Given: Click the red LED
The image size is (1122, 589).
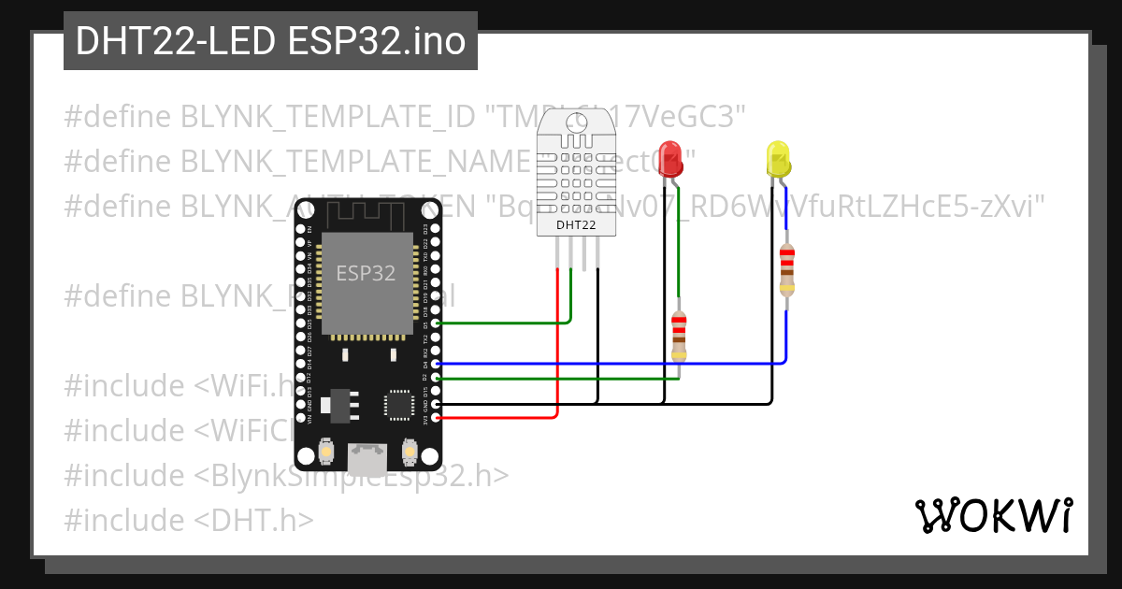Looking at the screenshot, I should pyautogui.click(x=670, y=158).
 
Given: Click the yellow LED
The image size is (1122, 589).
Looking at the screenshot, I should pyautogui.click(x=778, y=159).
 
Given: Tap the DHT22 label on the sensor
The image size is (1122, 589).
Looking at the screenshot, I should pyautogui.click(x=575, y=225).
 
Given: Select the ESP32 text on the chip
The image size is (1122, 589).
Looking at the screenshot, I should pyautogui.click(x=366, y=273).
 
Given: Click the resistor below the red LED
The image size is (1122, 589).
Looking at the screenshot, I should pyautogui.click(x=679, y=338).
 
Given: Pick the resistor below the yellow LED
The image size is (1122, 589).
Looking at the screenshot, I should pyautogui.click(x=787, y=268).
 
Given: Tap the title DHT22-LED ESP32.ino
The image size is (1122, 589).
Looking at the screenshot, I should pyautogui.click(x=270, y=41).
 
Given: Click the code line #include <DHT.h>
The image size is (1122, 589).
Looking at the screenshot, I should pyautogui.click(x=189, y=520).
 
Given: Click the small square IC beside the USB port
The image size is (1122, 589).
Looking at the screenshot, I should pyautogui.click(x=399, y=405).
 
